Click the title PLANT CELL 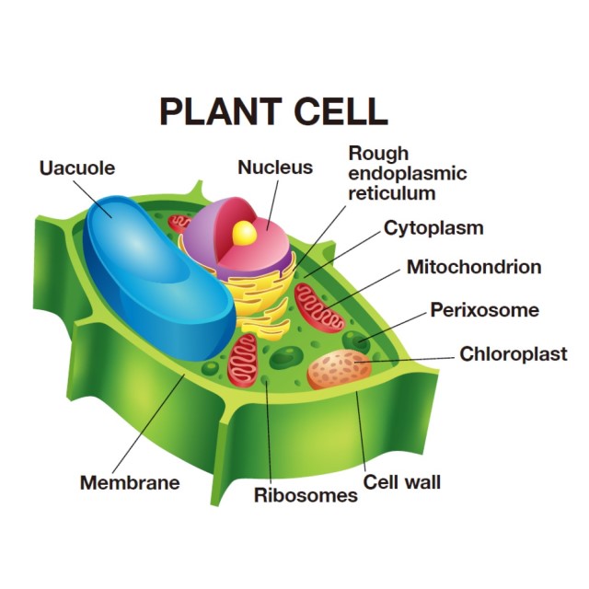[273, 110]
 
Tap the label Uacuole [78, 168]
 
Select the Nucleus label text [275, 167]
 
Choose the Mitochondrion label [473, 267]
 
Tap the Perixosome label [484, 310]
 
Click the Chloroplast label [513, 353]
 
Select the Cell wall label [401, 481]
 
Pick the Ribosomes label [306, 495]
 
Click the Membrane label [130, 482]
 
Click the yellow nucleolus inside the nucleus [244, 234]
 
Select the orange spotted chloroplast [339, 369]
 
